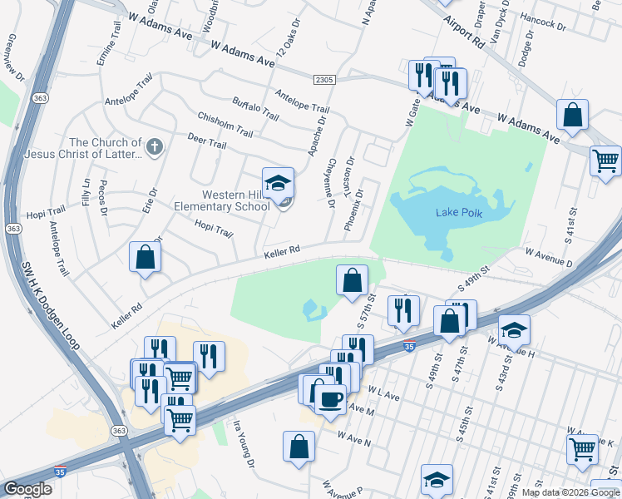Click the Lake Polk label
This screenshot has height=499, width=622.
tap(459, 212)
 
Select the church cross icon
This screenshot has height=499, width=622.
tap(153, 147)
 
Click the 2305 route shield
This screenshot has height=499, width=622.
tap(325, 79)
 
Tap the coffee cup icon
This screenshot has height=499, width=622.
tap(329, 398)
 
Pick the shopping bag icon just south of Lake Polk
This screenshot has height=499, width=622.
tap(352, 279)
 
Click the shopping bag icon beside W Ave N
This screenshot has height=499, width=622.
tap(299, 447)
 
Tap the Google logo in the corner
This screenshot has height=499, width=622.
tap(27, 489)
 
